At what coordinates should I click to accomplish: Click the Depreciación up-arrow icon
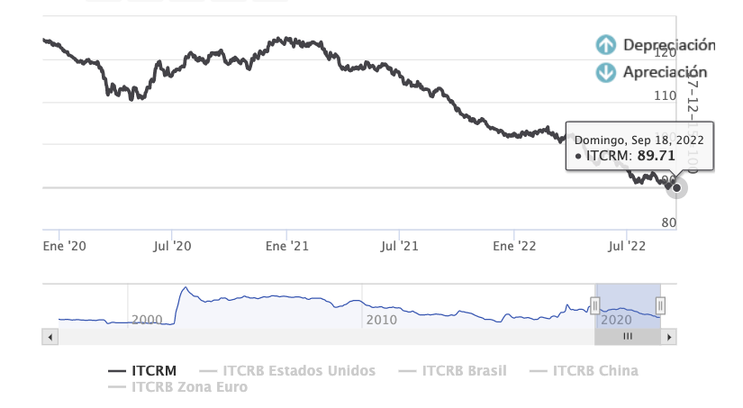606,45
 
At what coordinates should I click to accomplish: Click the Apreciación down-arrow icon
606,73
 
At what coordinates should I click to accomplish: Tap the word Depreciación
669,45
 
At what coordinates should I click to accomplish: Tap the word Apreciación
666,73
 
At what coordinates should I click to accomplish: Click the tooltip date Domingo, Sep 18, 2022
639,140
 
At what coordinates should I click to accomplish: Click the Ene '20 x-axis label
65,245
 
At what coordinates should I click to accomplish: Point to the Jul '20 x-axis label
172,245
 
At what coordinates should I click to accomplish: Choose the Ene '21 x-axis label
288,245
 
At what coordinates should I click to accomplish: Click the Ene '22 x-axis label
514,245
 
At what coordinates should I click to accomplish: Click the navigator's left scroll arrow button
50,337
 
